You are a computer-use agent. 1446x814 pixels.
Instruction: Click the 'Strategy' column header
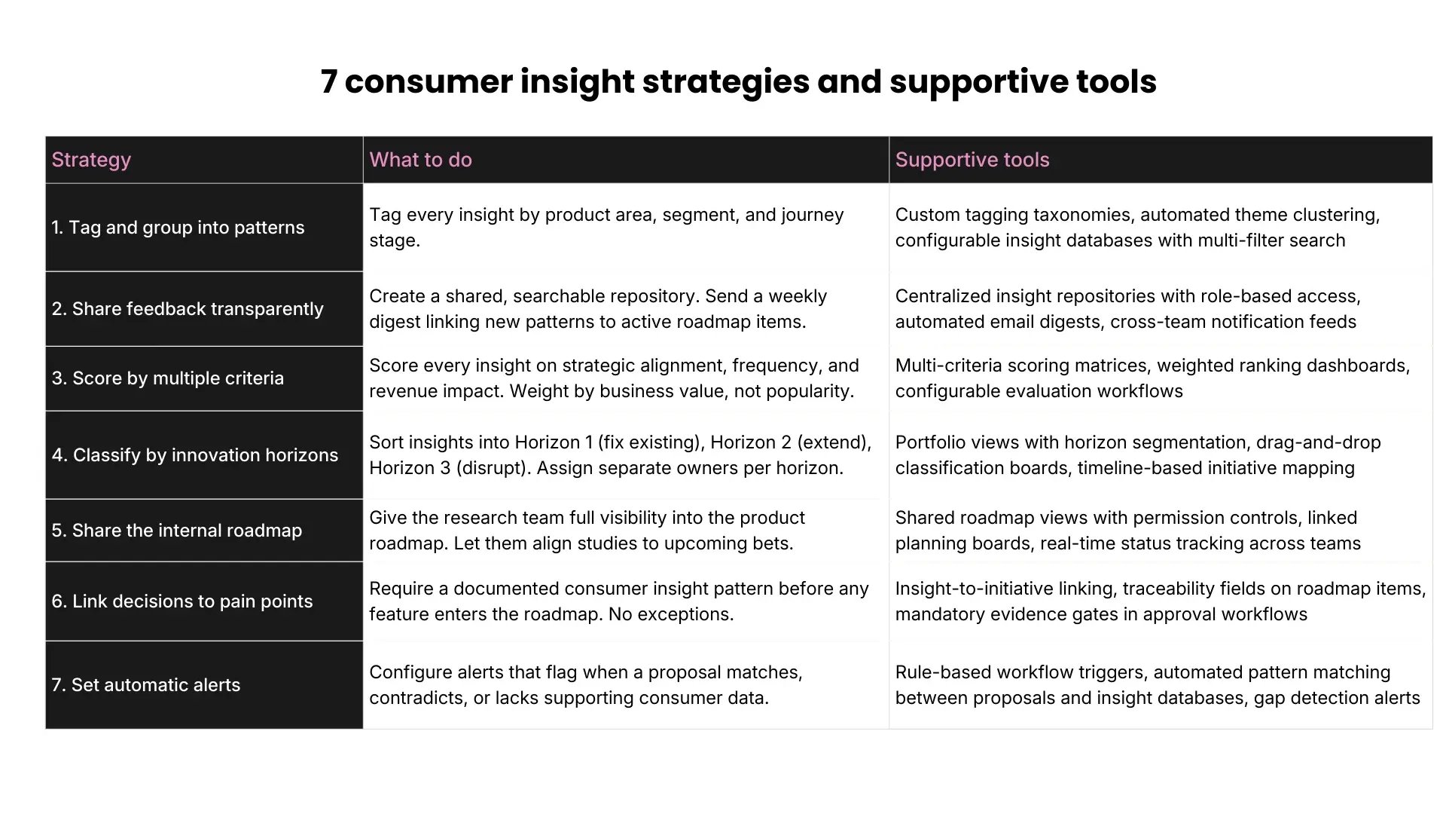[91, 160]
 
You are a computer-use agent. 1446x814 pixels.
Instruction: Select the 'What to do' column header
[420, 160]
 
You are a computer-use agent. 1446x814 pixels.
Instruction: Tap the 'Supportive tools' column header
[972, 160]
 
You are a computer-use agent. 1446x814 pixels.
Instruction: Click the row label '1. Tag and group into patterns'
[178, 228]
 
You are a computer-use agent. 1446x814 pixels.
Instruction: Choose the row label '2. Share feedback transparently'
[188, 309]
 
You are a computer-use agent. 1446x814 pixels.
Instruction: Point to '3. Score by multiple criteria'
[168, 378]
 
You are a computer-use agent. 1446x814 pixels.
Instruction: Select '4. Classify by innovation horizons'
[195, 455]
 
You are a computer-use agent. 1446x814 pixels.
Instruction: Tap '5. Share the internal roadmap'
[177, 531]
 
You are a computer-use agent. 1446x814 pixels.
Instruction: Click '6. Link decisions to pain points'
[182, 601]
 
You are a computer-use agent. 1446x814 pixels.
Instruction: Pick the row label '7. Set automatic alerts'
[146, 685]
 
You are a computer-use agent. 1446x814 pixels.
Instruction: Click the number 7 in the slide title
[328, 81]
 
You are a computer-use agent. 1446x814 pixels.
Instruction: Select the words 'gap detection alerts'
[1337, 698]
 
